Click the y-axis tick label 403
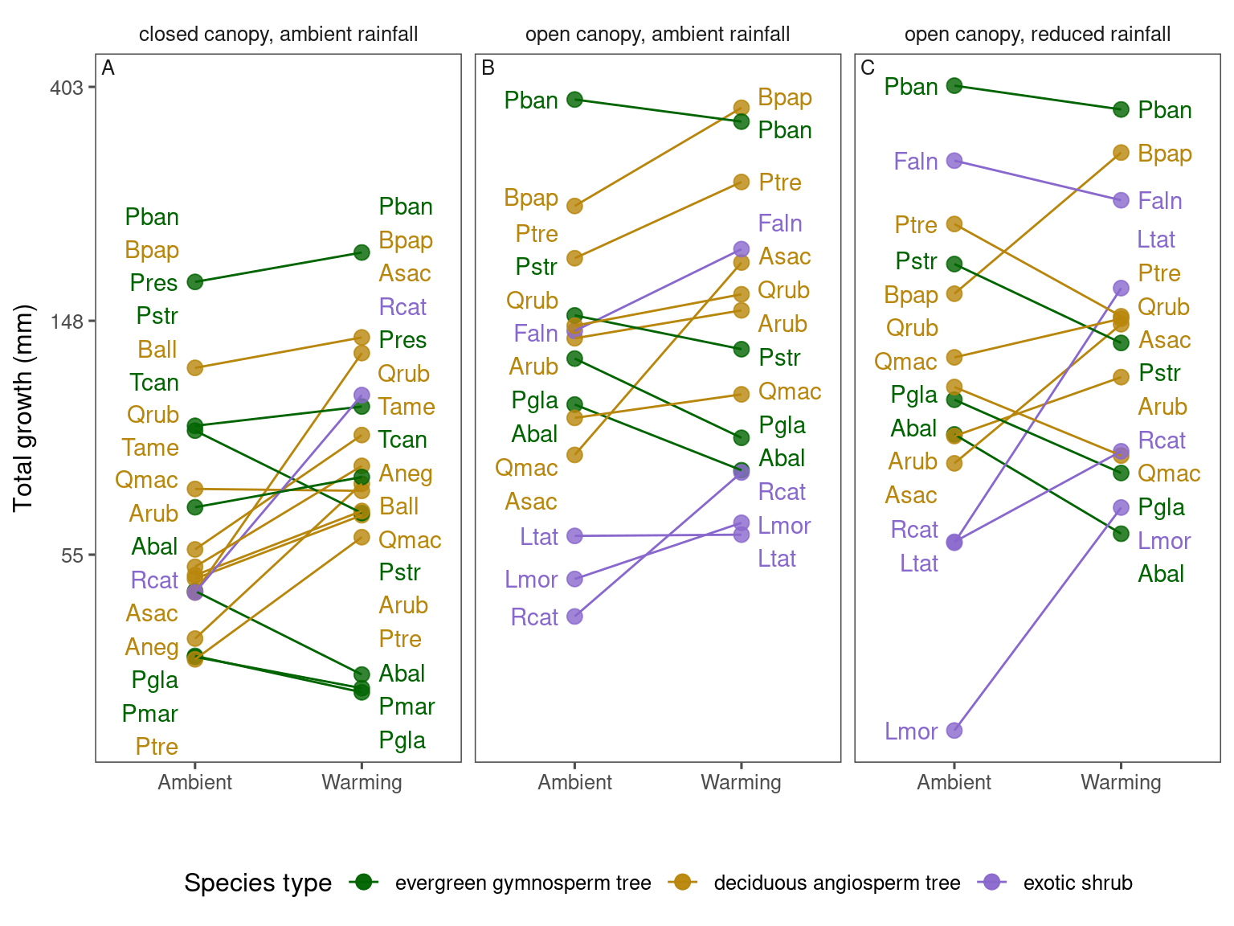coord(66,87)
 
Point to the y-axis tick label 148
coord(66,321)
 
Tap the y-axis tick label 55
coord(72,555)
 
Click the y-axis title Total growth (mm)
coord(23,408)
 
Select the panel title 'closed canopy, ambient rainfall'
coord(278,35)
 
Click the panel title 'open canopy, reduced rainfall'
coord(1037,35)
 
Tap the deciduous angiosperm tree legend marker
coord(682,883)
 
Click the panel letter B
coord(488,68)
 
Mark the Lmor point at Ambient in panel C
coord(954,730)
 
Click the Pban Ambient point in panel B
coord(574,100)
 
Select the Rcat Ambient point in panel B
coord(574,617)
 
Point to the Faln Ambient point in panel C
coord(954,161)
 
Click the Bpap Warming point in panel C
coord(1122,153)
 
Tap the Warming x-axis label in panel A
coord(362,782)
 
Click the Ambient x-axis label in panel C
coord(954,782)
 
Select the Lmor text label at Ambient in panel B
coord(531,580)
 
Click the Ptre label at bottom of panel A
coord(157,747)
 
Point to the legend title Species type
coord(258,883)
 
